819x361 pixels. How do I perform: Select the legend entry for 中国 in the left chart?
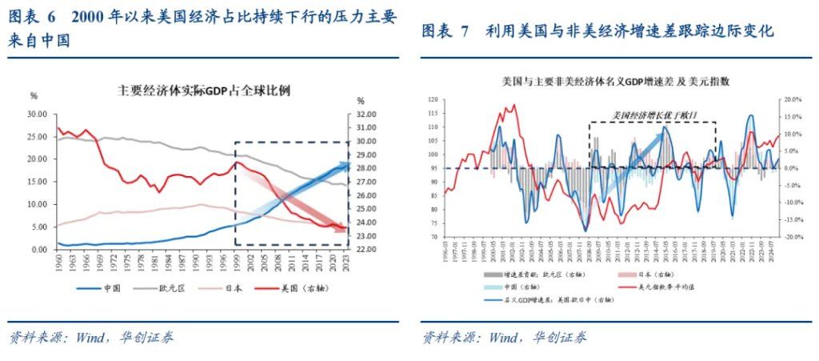click(110, 288)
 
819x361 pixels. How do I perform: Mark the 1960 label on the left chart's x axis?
click(57, 263)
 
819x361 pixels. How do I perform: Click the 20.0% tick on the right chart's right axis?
click(791, 100)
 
